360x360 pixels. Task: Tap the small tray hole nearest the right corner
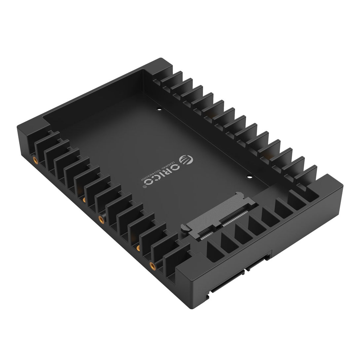coord(249,177)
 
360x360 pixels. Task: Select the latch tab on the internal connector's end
coord(184,227)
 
